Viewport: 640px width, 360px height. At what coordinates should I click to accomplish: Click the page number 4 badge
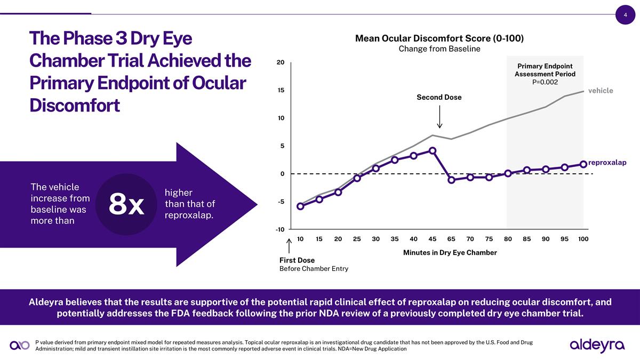[625, 15]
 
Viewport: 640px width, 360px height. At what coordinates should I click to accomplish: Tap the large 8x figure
[126, 204]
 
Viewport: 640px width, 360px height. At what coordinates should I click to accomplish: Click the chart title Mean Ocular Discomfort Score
[439, 38]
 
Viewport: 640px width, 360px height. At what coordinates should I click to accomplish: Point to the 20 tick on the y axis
[280, 62]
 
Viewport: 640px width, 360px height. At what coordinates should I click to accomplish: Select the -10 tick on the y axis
[279, 229]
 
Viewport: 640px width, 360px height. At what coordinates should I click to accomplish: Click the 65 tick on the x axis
[451, 239]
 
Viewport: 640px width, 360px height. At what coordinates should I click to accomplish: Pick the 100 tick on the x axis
[583, 239]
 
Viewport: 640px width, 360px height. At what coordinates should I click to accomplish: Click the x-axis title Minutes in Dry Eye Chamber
[450, 252]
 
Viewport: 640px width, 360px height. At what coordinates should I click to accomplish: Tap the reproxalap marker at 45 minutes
[433, 150]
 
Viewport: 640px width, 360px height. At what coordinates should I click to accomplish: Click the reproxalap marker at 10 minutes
[300, 206]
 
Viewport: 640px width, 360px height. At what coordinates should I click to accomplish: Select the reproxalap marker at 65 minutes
[451, 180]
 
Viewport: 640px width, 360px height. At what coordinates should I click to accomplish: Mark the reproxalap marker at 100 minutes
[583, 164]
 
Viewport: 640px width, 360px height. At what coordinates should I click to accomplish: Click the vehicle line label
[601, 91]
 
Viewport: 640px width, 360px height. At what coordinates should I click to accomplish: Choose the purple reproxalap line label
[607, 162]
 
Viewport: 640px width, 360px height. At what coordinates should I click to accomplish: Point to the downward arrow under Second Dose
[439, 117]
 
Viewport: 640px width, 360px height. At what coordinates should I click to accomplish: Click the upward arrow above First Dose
[289, 246]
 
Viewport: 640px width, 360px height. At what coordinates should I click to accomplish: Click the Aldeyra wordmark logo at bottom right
[597, 345]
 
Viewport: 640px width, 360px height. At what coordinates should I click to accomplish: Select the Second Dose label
[439, 98]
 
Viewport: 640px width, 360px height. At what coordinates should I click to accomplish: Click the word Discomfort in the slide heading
[75, 105]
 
